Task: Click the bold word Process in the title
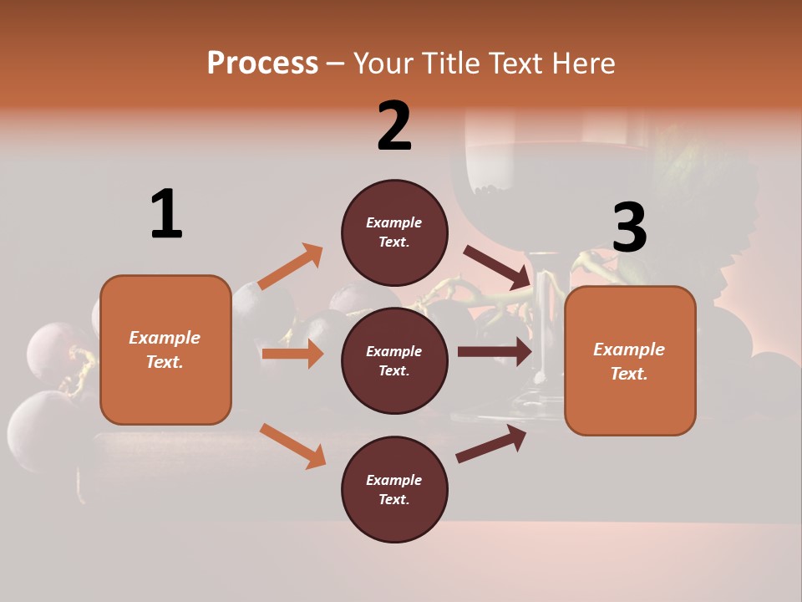[x=262, y=63]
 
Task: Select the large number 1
[x=166, y=215]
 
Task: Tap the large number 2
[x=394, y=126]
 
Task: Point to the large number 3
[x=629, y=228]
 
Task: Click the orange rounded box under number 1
[x=165, y=349]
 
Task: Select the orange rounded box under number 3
[x=630, y=360]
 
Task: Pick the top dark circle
[x=394, y=232]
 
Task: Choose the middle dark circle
[x=394, y=361]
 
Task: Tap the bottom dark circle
[x=394, y=490]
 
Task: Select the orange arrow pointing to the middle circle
[x=292, y=354]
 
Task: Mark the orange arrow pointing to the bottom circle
[x=292, y=446]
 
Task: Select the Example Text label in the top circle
[x=394, y=232]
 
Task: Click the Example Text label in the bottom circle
[x=394, y=490]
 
